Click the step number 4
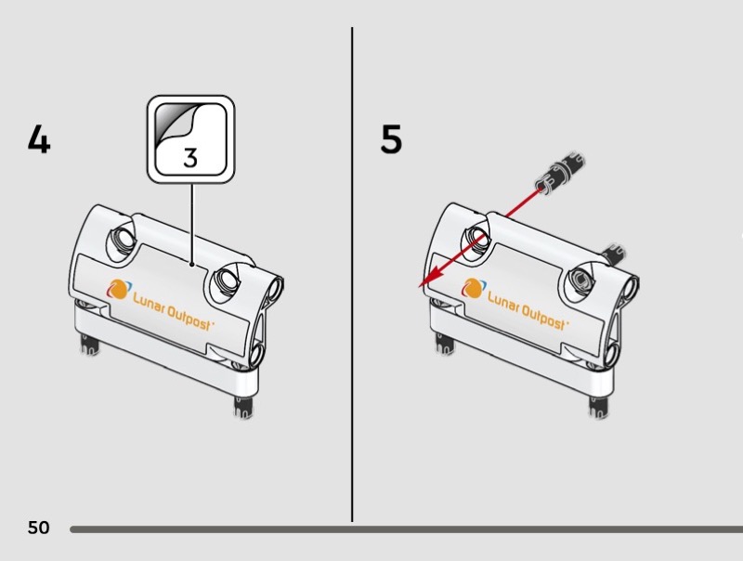pos(38,140)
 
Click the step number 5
pos(391,140)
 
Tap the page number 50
pos(38,528)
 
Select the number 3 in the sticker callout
pos(190,157)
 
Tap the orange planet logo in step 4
pos(118,289)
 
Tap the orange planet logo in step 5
pos(472,289)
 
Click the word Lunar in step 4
pos(148,302)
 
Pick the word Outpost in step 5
pos(543,316)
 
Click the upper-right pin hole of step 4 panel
pos(227,278)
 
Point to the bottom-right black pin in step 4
pos(241,406)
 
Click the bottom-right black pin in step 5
pos(594,406)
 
